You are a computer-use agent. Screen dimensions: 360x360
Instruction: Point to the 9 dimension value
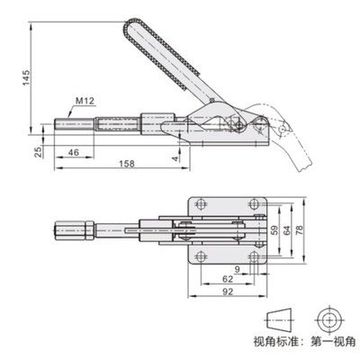pyautogui.click(x=236, y=269)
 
